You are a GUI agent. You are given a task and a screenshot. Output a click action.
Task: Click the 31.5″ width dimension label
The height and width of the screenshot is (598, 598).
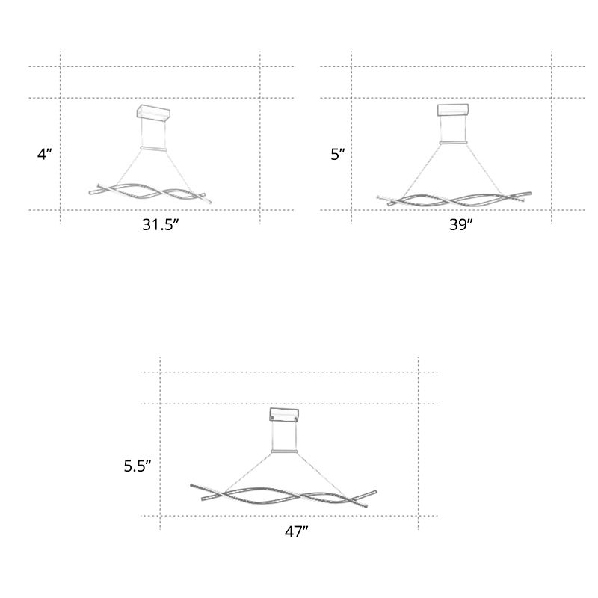(160, 225)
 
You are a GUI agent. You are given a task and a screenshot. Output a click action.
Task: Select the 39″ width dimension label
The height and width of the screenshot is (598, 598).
(460, 225)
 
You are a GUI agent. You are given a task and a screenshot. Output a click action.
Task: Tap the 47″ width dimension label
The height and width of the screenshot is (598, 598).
(296, 531)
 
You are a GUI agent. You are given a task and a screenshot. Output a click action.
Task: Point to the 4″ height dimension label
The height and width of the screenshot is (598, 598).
(44, 154)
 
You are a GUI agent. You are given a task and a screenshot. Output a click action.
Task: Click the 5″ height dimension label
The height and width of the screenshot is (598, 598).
(338, 155)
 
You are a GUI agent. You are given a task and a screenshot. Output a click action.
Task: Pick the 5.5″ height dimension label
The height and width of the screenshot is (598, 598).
(138, 466)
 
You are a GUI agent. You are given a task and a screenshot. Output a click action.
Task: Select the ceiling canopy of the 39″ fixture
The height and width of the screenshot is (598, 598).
(453, 110)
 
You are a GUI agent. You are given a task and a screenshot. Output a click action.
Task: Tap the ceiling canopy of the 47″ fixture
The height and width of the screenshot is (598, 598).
(284, 415)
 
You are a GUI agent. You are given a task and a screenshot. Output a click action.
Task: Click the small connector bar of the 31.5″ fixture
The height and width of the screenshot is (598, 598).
(154, 148)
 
